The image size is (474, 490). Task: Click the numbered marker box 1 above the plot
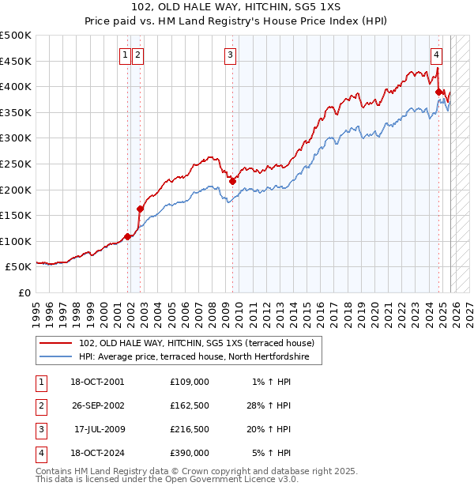tap(126, 55)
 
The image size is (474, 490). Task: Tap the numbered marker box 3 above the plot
tap(230, 55)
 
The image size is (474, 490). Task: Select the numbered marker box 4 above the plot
tap(436, 55)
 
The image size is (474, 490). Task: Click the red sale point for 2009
tap(232, 181)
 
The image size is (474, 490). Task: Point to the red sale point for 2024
tap(438, 92)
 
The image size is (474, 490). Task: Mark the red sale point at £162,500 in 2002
tap(140, 209)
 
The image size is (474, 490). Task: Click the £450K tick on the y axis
tap(16, 61)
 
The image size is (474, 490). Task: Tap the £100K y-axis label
tap(16, 241)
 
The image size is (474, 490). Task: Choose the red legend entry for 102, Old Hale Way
tap(197, 343)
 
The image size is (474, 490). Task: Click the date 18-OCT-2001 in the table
tap(97, 382)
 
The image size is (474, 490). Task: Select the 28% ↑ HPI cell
tap(269, 405)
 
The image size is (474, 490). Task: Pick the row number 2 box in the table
tap(39, 405)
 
